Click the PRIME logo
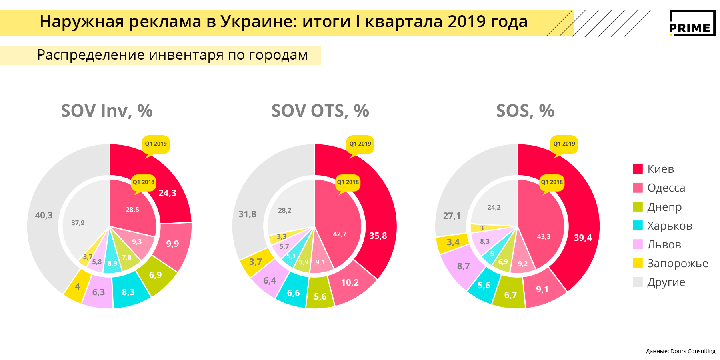click(692, 23)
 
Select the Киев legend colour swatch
click(638, 169)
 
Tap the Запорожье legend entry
click(677, 263)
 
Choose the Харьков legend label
click(670, 226)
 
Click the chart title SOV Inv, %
click(107, 111)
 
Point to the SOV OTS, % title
click(320, 111)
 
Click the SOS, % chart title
click(525, 111)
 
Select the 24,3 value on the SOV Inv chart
click(167, 193)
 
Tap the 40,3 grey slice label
click(44, 215)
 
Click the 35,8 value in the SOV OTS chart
click(378, 236)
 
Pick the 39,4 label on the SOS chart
click(582, 238)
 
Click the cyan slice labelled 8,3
click(128, 292)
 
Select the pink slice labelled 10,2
click(350, 282)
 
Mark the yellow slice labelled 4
click(77, 286)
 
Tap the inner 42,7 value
click(340, 234)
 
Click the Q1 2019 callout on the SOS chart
click(564, 144)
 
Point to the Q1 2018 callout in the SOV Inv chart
click(144, 182)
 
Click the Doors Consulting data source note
click(680, 351)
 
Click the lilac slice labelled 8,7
click(463, 266)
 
